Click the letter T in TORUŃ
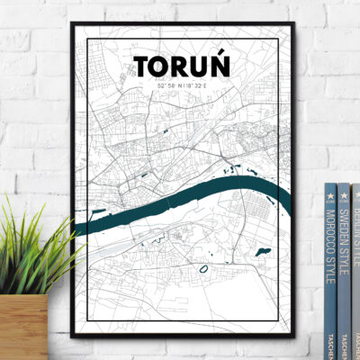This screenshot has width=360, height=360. point(142,67)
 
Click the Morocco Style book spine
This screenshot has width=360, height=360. point(329,270)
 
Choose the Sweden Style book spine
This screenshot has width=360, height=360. point(344,270)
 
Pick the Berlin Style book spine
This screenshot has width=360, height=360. point(355,270)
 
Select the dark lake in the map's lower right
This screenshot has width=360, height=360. point(263,251)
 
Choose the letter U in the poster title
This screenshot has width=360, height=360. point(199,67)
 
